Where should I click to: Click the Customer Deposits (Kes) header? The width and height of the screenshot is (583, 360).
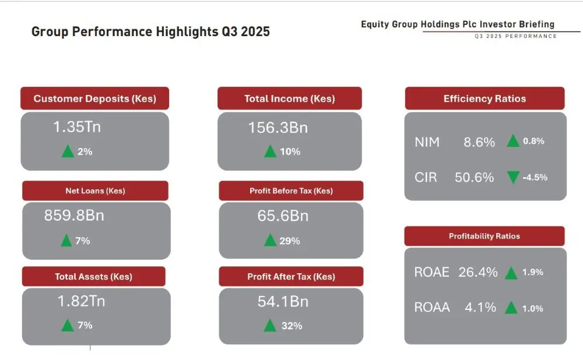click(x=95, y=98)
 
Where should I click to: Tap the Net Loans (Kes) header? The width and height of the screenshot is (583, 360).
click(x=95, y=190)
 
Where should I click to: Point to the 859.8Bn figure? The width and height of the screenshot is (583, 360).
click(x=74, y=216)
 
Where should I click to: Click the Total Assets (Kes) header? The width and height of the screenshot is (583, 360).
click(x=93, y=277)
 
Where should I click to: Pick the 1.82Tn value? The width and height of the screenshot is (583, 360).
click(x=81, y=301)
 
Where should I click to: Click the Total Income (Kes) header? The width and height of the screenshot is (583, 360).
click(x=289, y=98)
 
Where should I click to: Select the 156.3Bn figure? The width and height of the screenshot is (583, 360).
click(x=278, y=128)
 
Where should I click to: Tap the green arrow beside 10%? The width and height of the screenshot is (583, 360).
click(x=270, y=151)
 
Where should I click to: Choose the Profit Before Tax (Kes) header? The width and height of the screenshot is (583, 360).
click(x=291, y=190)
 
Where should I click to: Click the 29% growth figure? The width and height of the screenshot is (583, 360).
click(x=290, y=241)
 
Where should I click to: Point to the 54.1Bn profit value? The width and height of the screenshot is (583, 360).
click(x=283, y=301)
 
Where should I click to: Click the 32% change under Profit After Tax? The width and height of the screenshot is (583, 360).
click(x=291, y=326)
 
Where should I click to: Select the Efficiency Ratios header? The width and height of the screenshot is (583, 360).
click(x=484, y=98)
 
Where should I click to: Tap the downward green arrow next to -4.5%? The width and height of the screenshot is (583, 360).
click(x=513, y=177)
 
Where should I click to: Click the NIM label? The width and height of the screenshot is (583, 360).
click(x=427, y=142)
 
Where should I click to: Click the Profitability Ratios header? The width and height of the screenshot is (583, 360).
click(x=484, y=236)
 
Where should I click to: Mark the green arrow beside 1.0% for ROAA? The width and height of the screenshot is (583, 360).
click(x=511, y=308)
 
